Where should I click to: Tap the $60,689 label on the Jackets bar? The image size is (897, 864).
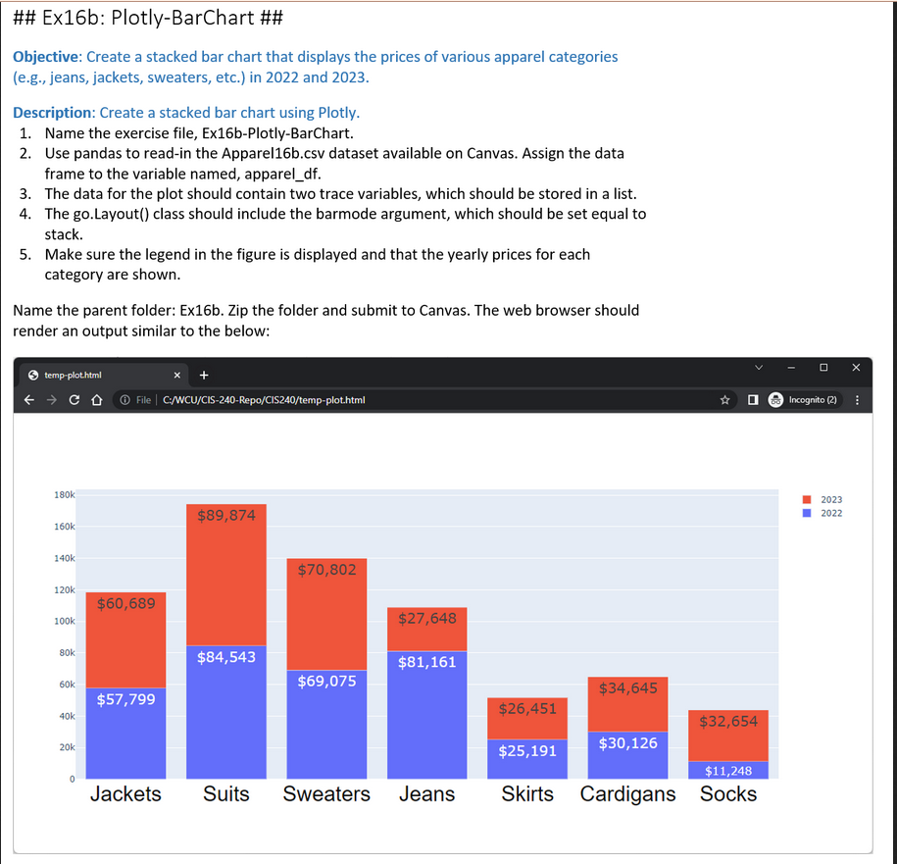(x=125, y=603)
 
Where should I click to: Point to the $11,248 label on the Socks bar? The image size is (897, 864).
(x=728, y=771)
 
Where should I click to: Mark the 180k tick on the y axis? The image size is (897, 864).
(x=63, y=495)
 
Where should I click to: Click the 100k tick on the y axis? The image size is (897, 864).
(x=63, y=621)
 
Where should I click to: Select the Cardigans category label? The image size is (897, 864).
(x=627, y=793)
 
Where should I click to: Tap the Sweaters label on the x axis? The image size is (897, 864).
(x=326, y=793)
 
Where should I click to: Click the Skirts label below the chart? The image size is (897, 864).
(x=527, y=793)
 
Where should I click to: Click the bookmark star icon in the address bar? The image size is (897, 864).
(x=724, y=399)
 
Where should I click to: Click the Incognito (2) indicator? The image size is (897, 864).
(x=813, y=399)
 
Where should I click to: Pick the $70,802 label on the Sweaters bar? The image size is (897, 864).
(x=326, y=570)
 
